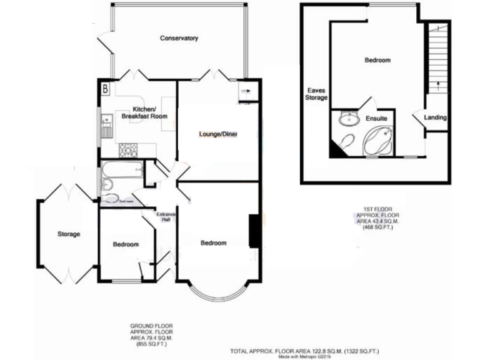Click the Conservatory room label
179,39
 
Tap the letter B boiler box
105,89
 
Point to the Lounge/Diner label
218,134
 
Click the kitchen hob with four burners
129,148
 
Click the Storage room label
69,234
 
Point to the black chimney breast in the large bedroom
254,231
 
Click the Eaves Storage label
316,93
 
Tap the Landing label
435,117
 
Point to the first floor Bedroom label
377,61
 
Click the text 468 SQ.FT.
377,229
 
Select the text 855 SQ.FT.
151,344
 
